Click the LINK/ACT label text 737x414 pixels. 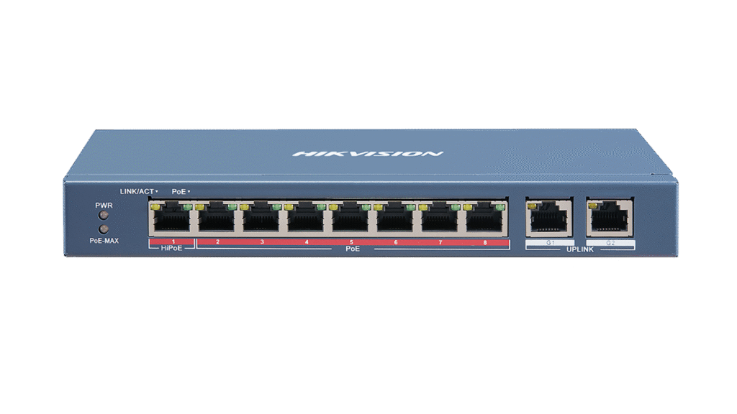click(x=137, y=191)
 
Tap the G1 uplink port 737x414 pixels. click(x=549, y=216)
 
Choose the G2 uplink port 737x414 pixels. click(x=610, y=216)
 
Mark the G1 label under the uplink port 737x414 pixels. click(x=549, y=244)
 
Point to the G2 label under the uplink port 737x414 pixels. click(x=610, y=244)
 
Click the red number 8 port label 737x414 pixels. click(x=485, y=243)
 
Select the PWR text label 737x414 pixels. click(x=103, y=205)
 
